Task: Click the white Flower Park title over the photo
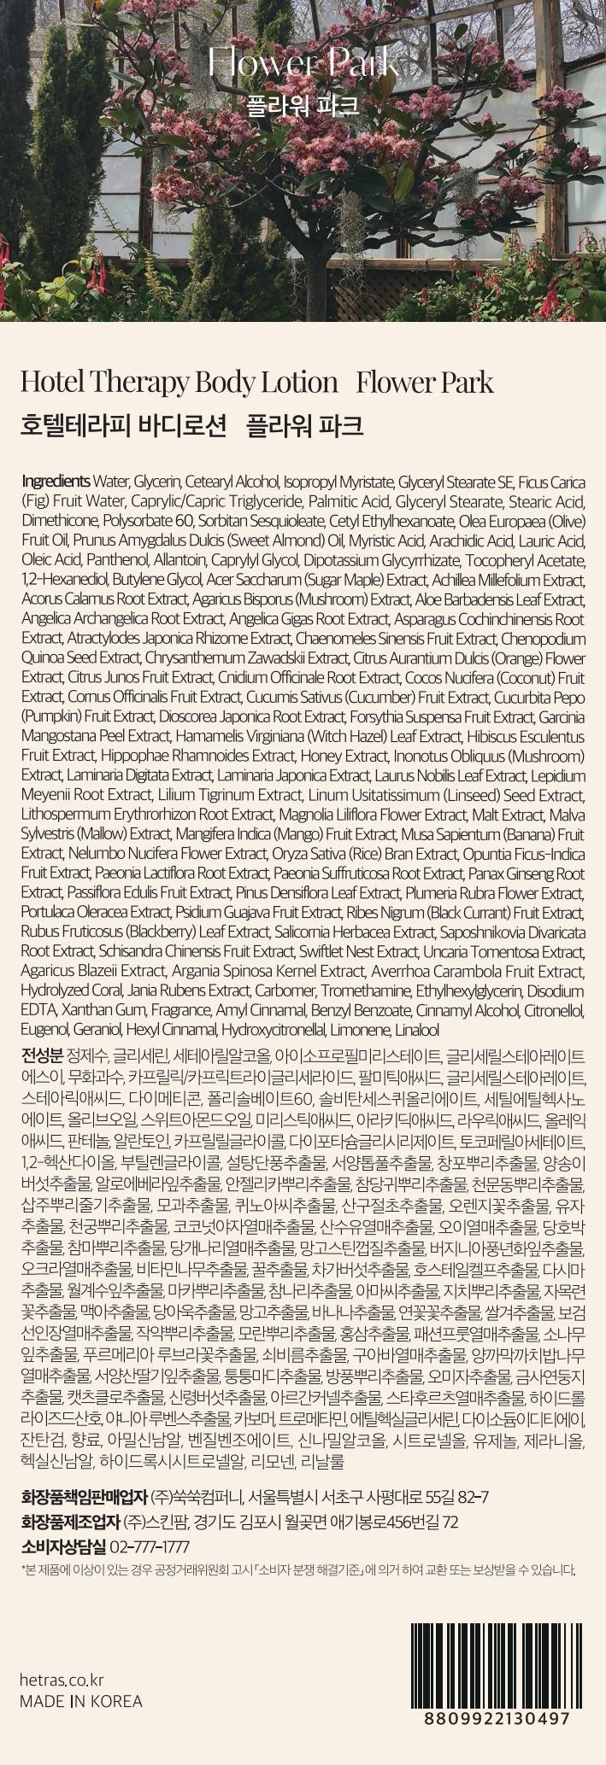(303, 62)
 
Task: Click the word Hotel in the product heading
(48, 382)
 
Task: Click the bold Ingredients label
(55, 481)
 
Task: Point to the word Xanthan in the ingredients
(86, 1010)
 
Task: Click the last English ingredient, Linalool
(416, 1030)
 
